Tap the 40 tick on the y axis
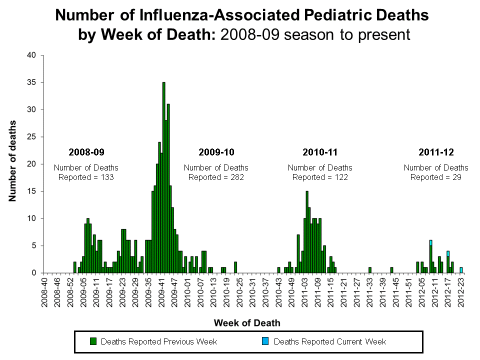tap(31, 55)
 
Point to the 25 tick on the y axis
tap(31, 137)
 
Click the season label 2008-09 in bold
tap(86, 151)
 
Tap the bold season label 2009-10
tap(216, 151)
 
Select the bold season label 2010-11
tap(320, 151)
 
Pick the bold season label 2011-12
tap(436, 151)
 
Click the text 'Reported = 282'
tap(216, 177)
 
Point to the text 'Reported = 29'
tap(436, 177)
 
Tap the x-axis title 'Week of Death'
tap(247, 322)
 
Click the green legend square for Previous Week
tap(92, 341)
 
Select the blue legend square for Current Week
tap(265, 341)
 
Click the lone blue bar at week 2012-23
tap(461, 270)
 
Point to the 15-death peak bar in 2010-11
tap(307, 232)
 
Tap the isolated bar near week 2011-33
tap(370, 270)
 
